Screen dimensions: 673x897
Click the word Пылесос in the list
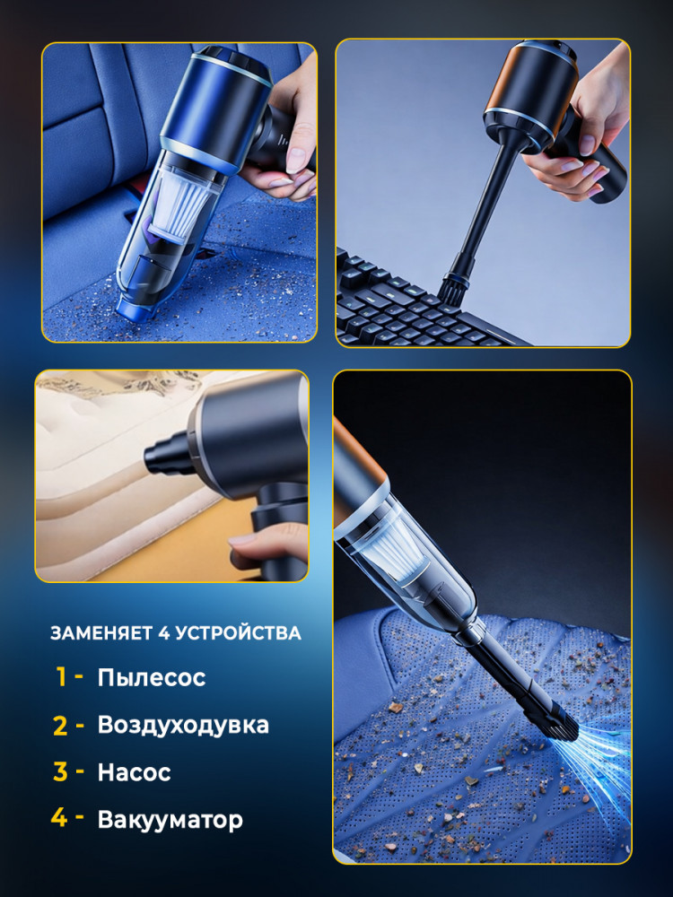point(151,677)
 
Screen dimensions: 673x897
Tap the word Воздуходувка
point(183,725)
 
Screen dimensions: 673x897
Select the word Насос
point(134,772)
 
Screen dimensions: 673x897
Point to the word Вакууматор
point(170,819)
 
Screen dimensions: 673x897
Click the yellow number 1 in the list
point(62,676)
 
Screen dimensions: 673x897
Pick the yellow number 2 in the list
point(60,726)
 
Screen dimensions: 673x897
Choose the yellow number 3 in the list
point(60,771)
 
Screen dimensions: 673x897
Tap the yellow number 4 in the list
point(59,818)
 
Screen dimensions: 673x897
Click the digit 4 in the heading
point(163,633)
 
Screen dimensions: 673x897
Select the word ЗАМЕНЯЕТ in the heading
point(102,633)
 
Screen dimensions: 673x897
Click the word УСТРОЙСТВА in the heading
point(238,633)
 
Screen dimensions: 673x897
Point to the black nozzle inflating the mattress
point(163,454)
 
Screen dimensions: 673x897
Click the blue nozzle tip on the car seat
point(135,304)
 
